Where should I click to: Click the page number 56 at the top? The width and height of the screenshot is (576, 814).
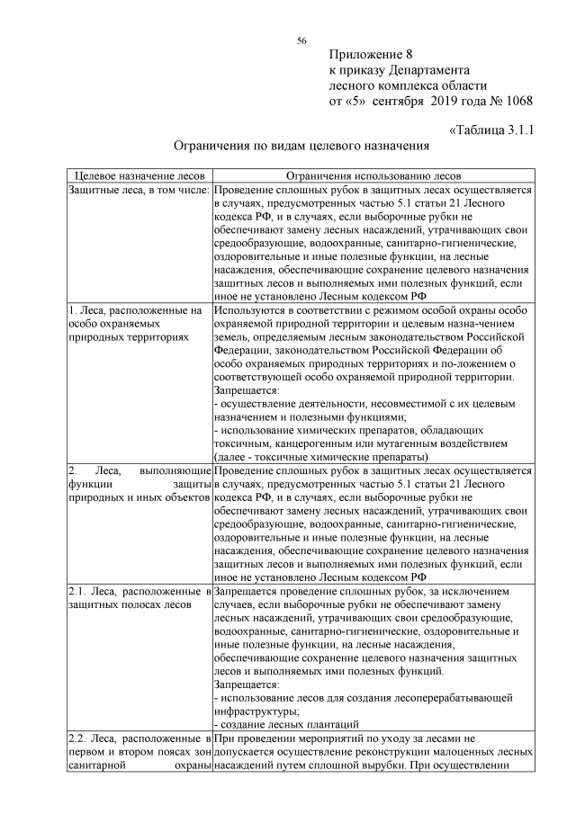click(302, 40)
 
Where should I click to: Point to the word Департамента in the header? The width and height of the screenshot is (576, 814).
click(428, 69)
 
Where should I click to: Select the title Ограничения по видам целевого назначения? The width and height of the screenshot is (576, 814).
click(301, 144)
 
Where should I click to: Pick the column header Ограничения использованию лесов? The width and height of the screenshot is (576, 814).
click(373, 175)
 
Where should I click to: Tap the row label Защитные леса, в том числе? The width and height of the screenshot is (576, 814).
click(139, 191)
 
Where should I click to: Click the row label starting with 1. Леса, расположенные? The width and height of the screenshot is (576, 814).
click(134, 310)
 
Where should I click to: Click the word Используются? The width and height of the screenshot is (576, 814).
click(248, 310)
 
